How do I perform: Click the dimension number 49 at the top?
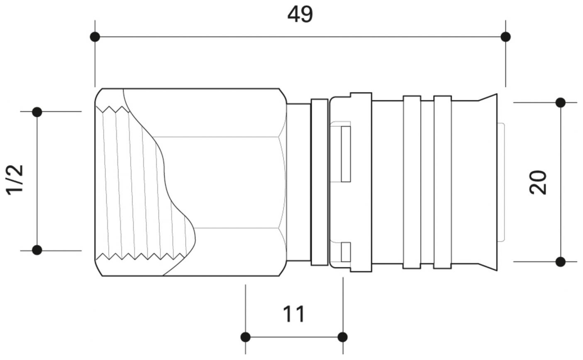click(300, 15)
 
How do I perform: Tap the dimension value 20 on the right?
click(539, 182)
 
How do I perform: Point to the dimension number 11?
click(294, 314)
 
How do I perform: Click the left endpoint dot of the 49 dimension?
click(95, 37)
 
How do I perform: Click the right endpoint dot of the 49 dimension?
click(505, 37)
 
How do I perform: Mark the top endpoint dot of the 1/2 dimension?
click(37, 112)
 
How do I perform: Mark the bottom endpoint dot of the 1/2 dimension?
click(37, 250)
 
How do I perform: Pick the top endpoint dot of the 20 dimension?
click(561, 103)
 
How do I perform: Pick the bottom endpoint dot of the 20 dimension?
click(561, 262)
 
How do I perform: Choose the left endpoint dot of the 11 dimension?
click(246, 337)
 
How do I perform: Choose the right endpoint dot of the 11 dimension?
click(343, 337)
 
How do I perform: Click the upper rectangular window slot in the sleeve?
click(346, 154)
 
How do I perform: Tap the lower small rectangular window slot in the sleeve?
click(346, 252)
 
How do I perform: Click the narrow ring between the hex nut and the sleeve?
click(319, 182)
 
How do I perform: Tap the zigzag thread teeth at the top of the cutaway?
click(112, 109)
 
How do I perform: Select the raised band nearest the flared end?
click(442, 182)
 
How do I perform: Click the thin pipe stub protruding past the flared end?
click(501, 182)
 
